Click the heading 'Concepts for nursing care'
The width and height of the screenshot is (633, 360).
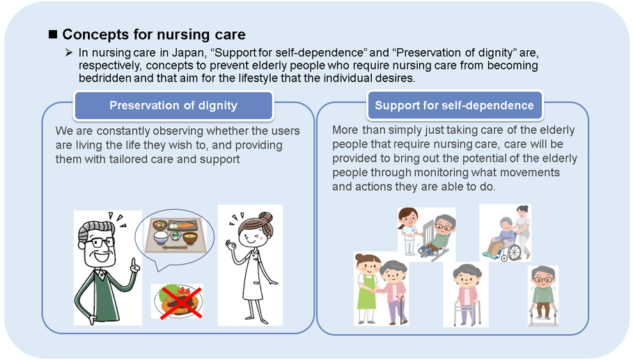click(153, 34)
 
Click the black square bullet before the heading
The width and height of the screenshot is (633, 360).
click(53, 34)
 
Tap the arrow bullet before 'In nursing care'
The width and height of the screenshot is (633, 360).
click(69, 52)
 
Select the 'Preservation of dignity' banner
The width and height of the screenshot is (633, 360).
click(173, 105)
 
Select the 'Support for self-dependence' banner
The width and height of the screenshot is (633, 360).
click(455, 105)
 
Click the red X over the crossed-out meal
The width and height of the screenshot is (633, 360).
click(181, 303)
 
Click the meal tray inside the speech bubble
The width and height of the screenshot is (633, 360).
click(175, 235)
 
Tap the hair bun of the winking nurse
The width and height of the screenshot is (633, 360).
click(266, 219)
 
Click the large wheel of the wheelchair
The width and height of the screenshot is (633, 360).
click(514, 253)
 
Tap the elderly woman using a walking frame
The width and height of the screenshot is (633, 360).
click(467, 295)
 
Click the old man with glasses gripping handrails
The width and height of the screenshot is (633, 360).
click(543, 296)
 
